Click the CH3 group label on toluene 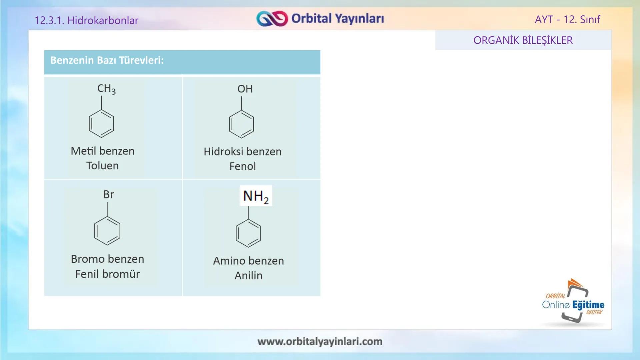(x=106, y=89)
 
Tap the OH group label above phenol (x=245, y=89)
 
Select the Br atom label (x=108, y=195)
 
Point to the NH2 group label (x=256, y=196)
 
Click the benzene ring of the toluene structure (x=101, y=124)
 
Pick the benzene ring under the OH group (x=241, y=124)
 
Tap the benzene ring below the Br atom (x=107, y=231)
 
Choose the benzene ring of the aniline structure (x=248, y=233)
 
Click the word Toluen (x=102, y=166)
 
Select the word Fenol (x=242, y=166)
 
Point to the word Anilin (x=248, y=276)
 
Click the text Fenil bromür (x=107, y=274)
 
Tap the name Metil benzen (x=102, y=151)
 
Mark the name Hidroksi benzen (x=242, y=152)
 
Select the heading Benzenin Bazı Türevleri (x=107, y=60)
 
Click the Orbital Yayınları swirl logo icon (x=272, y=19)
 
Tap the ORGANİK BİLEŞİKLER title (x=523, y=40)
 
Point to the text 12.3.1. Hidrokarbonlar (x=86, y=20)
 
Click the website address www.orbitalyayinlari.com (x=320, y=341)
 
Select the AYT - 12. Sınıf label (x=567, y=19)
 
